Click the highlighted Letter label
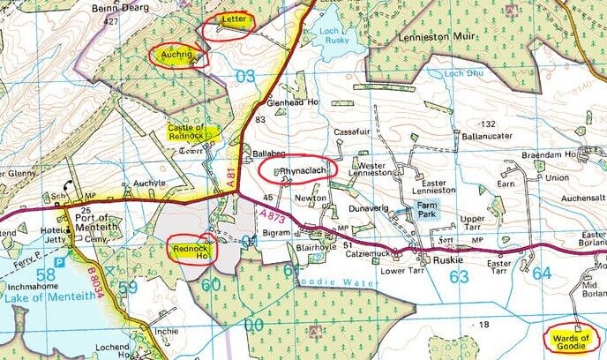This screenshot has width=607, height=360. pyautogui.click(x=232, y=19)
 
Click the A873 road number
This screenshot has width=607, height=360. pyautogui.click(x=270, y=215)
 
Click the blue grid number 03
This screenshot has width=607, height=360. pyautogui.click(x=246, y=77)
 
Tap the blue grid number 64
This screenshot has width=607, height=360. pyautogui.click(x=541, y=274)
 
